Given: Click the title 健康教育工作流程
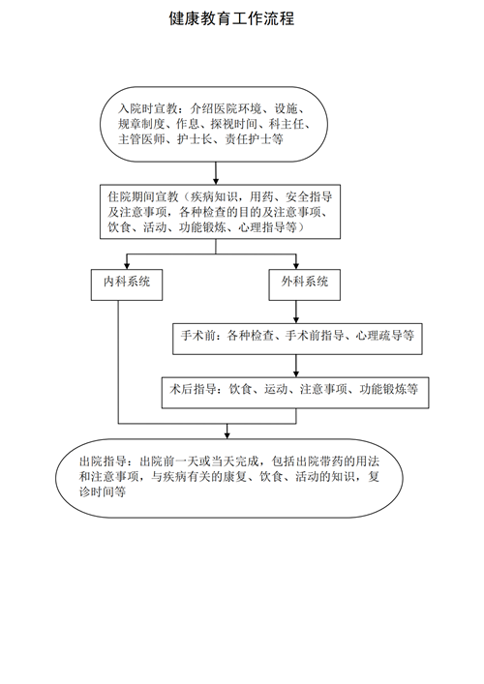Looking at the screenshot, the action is coord(231,18).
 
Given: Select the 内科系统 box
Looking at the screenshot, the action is coord(127,284).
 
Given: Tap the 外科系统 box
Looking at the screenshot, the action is coord(304,284).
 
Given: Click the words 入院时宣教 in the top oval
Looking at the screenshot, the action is coord(147,108).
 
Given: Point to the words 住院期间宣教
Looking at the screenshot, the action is coord(143,196).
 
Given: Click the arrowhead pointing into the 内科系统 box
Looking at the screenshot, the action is coord(127,265).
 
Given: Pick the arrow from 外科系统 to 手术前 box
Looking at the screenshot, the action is coord(296,312).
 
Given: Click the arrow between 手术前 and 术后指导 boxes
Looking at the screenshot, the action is coord(296,366).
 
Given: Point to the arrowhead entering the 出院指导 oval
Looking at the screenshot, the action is coord(227,435).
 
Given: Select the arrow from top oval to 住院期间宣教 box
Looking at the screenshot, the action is coord(216,173).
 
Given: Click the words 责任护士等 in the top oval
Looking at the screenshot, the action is coord(254,139).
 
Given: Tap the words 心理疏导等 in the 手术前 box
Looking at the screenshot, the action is coord(385,335).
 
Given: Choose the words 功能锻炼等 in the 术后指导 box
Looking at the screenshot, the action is coord(389,388).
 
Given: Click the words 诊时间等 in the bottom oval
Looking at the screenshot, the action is coord(103,491).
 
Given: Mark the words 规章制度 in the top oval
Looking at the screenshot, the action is coord(141,124).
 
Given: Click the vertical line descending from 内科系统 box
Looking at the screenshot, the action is coord(118,362).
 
